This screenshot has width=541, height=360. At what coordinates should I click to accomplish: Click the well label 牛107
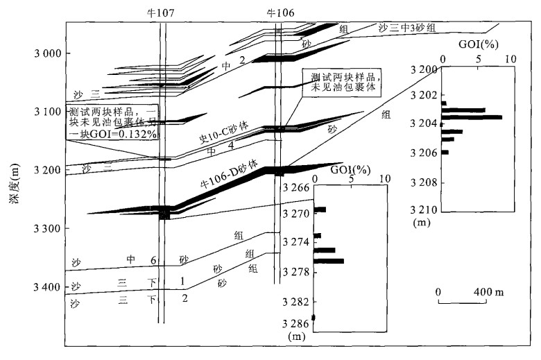point(162,13)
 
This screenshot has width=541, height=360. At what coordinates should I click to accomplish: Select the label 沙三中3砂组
point(407,28)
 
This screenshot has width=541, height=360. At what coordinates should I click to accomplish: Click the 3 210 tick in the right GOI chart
point(423,209)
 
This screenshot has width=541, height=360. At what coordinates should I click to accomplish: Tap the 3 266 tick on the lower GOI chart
point(296,187)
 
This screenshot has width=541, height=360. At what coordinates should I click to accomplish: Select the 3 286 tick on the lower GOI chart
point(296,323)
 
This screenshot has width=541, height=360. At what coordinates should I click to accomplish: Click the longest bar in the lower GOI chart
point(328,261)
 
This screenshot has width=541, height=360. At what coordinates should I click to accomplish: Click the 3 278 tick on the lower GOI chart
point(296,272)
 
